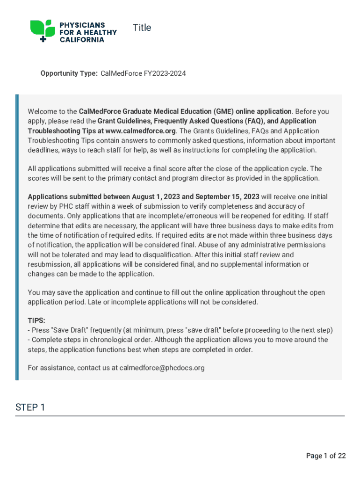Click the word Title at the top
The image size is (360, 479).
pos(142,28)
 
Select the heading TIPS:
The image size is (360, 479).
pos(36,320)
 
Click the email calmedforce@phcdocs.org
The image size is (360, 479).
pos(162,368)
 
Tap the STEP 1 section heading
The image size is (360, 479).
pos(30,407)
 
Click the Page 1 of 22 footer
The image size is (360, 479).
pos(326,456)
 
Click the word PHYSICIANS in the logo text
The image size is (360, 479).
pos(82,25)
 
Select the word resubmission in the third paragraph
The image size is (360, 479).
pos(49,264)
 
